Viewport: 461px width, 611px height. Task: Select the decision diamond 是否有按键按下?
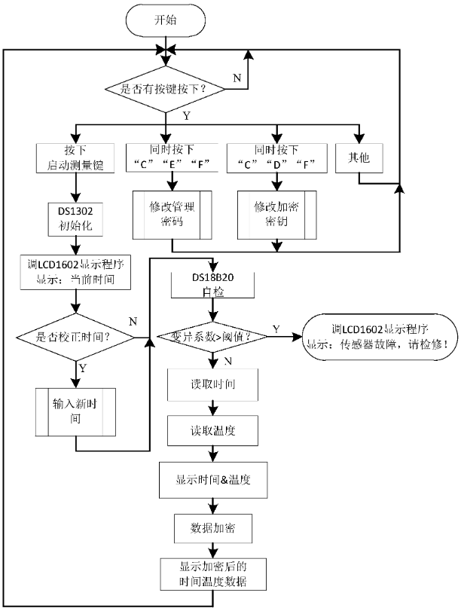point(165,90)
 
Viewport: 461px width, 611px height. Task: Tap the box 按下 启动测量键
point(74,157)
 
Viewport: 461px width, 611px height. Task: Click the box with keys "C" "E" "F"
point(173,157)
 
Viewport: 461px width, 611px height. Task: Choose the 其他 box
point(358,157)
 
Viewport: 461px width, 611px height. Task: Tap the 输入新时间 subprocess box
point(75,411)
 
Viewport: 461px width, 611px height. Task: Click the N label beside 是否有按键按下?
point(237,77)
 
